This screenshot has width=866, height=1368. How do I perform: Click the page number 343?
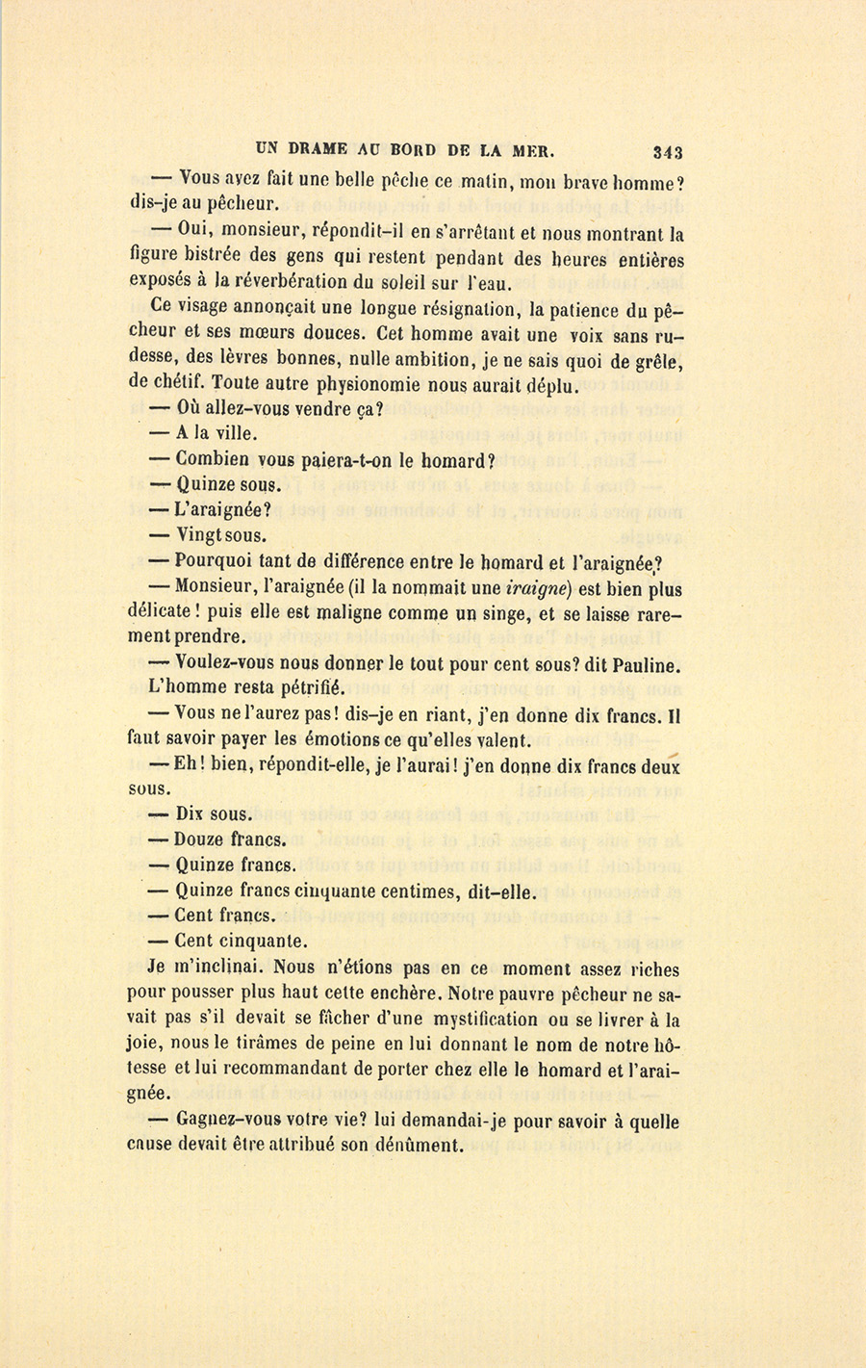tap(667, 151)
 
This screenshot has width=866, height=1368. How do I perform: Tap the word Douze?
tap(199, 839)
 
